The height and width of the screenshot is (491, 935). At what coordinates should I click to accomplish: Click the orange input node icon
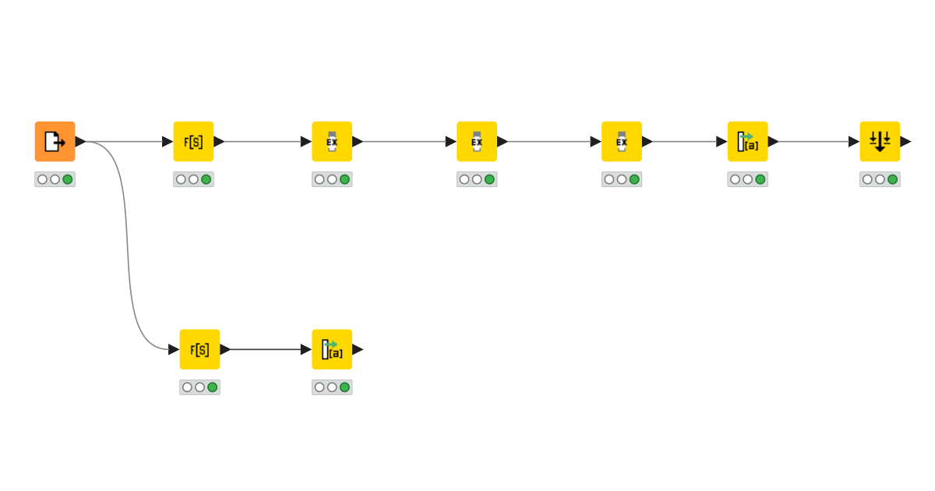point(55,141)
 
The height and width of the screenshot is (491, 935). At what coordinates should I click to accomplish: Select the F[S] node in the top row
point(193,141)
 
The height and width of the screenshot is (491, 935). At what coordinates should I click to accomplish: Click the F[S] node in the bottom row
point(199,349)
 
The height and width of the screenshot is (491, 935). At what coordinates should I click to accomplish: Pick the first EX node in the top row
point(332,141)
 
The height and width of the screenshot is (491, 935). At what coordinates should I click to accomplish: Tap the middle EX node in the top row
point(477,141)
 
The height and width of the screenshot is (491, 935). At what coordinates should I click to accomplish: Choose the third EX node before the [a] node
point(622,141)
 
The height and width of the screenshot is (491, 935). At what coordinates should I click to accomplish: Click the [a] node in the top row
point(748,141)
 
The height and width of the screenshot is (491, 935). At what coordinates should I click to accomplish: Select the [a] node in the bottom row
point(332,349)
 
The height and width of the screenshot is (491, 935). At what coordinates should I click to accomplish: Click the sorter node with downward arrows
point(880,141)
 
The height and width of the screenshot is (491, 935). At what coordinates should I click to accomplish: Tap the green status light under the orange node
point(68,179)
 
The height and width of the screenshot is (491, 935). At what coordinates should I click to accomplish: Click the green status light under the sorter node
point(893,179)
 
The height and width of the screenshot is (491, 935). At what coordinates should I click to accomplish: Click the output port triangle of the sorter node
point(905,141)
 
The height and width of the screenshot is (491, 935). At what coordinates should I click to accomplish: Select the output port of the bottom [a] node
point(358,349)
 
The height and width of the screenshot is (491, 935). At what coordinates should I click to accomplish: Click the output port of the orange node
point(80,141)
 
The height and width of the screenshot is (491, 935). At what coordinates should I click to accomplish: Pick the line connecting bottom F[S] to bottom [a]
point(265,349)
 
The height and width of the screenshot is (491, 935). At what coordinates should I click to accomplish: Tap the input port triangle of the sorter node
point(854,141)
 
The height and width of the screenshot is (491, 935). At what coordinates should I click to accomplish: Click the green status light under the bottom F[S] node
point(213,387)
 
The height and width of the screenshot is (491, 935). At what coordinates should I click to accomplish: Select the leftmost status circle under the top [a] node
point(735,179)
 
